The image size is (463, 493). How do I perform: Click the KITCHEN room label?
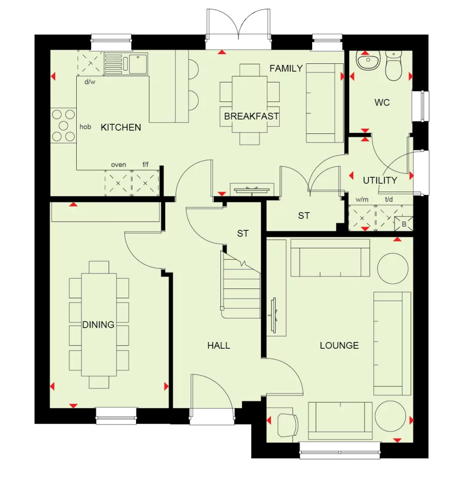(x=121, y=127)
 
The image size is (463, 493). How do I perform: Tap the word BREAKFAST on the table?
(x=251, y=116)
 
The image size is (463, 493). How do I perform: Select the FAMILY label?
(x=286, y=69)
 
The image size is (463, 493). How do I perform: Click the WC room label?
(x=382, y=103)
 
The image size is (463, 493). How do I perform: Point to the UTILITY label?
(x=380, y=180)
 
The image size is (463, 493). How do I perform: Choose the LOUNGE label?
(x=339, y=345)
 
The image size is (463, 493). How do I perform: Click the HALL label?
(x=218, y=345)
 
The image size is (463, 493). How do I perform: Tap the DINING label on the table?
(x=98, y=325)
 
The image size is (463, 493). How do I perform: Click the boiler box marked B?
(x=403, y=224)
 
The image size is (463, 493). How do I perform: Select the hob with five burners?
(x=63, y=126)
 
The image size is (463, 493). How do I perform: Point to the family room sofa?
(x=324, y=103)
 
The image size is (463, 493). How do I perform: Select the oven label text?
(x=118, y=165)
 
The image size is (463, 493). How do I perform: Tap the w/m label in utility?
(x=362, y=199)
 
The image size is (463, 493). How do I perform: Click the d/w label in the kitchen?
(x=90, y=82)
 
